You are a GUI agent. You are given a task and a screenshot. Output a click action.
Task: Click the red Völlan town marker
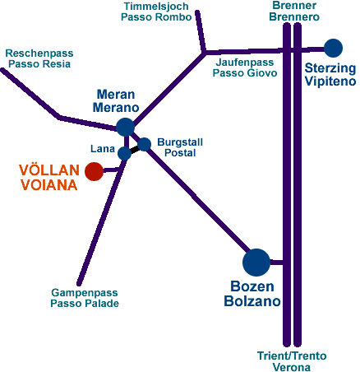pos(95,171)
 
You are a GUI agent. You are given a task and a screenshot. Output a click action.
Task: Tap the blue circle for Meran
pos(125,127)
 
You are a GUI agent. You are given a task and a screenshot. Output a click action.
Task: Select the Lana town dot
pos(124,153)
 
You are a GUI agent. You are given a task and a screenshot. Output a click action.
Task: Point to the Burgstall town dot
pos(144,144)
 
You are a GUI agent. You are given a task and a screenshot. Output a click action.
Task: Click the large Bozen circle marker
pos(256,263)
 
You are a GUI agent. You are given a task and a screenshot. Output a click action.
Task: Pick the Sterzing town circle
pos(333,48)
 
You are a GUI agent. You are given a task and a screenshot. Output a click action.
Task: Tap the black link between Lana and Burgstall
pos(135,150)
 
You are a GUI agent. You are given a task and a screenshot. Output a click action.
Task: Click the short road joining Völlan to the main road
pos(111,170)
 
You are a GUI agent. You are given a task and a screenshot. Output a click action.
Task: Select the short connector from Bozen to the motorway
pos(276,263)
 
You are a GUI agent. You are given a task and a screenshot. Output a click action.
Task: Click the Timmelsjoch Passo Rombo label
pos(156,12)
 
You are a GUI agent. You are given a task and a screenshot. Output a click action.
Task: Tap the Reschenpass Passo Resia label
pos(39,58)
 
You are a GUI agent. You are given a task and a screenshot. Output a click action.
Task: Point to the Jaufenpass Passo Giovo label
pos(245,67)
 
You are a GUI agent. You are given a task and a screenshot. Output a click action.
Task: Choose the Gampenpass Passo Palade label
pos(85,298)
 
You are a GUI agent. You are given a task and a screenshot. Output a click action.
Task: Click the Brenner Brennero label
pos(294,11)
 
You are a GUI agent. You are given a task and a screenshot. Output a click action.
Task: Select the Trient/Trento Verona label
pos(292,361)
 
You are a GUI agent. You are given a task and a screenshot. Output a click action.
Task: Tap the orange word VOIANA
pos(49,184)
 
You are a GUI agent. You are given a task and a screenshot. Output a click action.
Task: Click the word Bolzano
pos(252,301)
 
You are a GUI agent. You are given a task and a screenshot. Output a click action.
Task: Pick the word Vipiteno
pos(330,81)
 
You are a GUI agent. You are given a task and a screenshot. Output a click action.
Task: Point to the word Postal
pos(180,153)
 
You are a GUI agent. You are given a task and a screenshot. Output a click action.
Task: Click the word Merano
pos(116,107)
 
